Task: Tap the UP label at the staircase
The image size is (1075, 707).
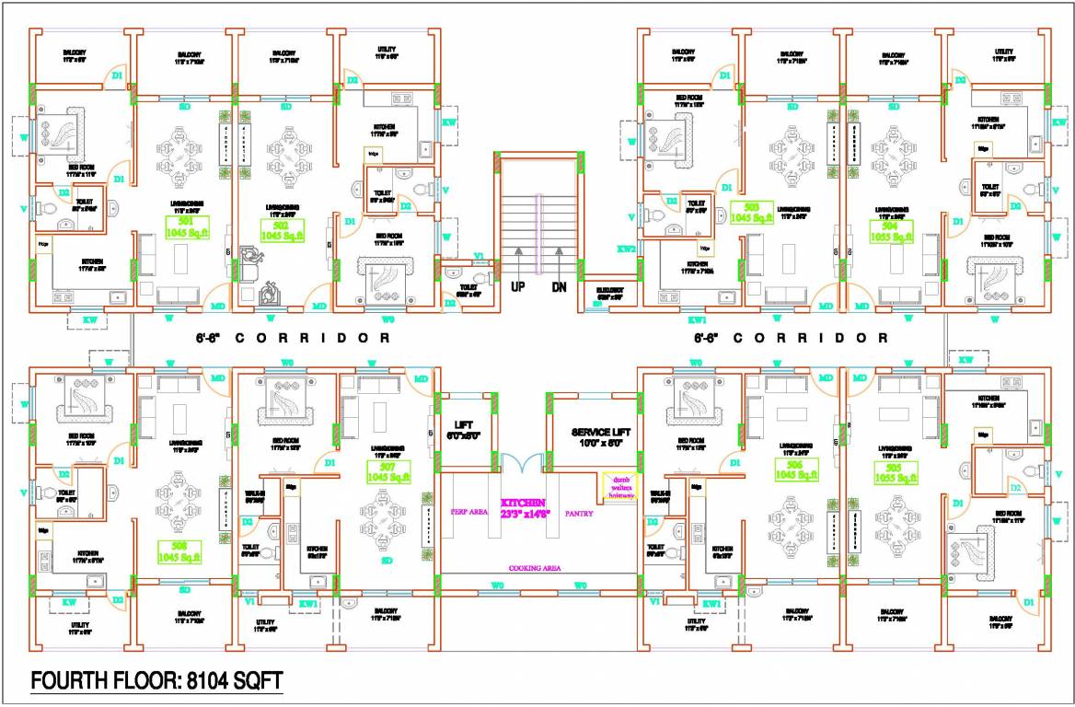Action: (518, 286)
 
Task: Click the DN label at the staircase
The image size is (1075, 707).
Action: (559, 286)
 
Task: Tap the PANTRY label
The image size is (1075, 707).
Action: (580, 514)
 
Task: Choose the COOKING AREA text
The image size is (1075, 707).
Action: (535, 569)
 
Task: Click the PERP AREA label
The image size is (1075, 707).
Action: (468, 511)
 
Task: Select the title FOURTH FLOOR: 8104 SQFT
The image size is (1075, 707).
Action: (156, 681)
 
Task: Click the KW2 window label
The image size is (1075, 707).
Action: (626, 249)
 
